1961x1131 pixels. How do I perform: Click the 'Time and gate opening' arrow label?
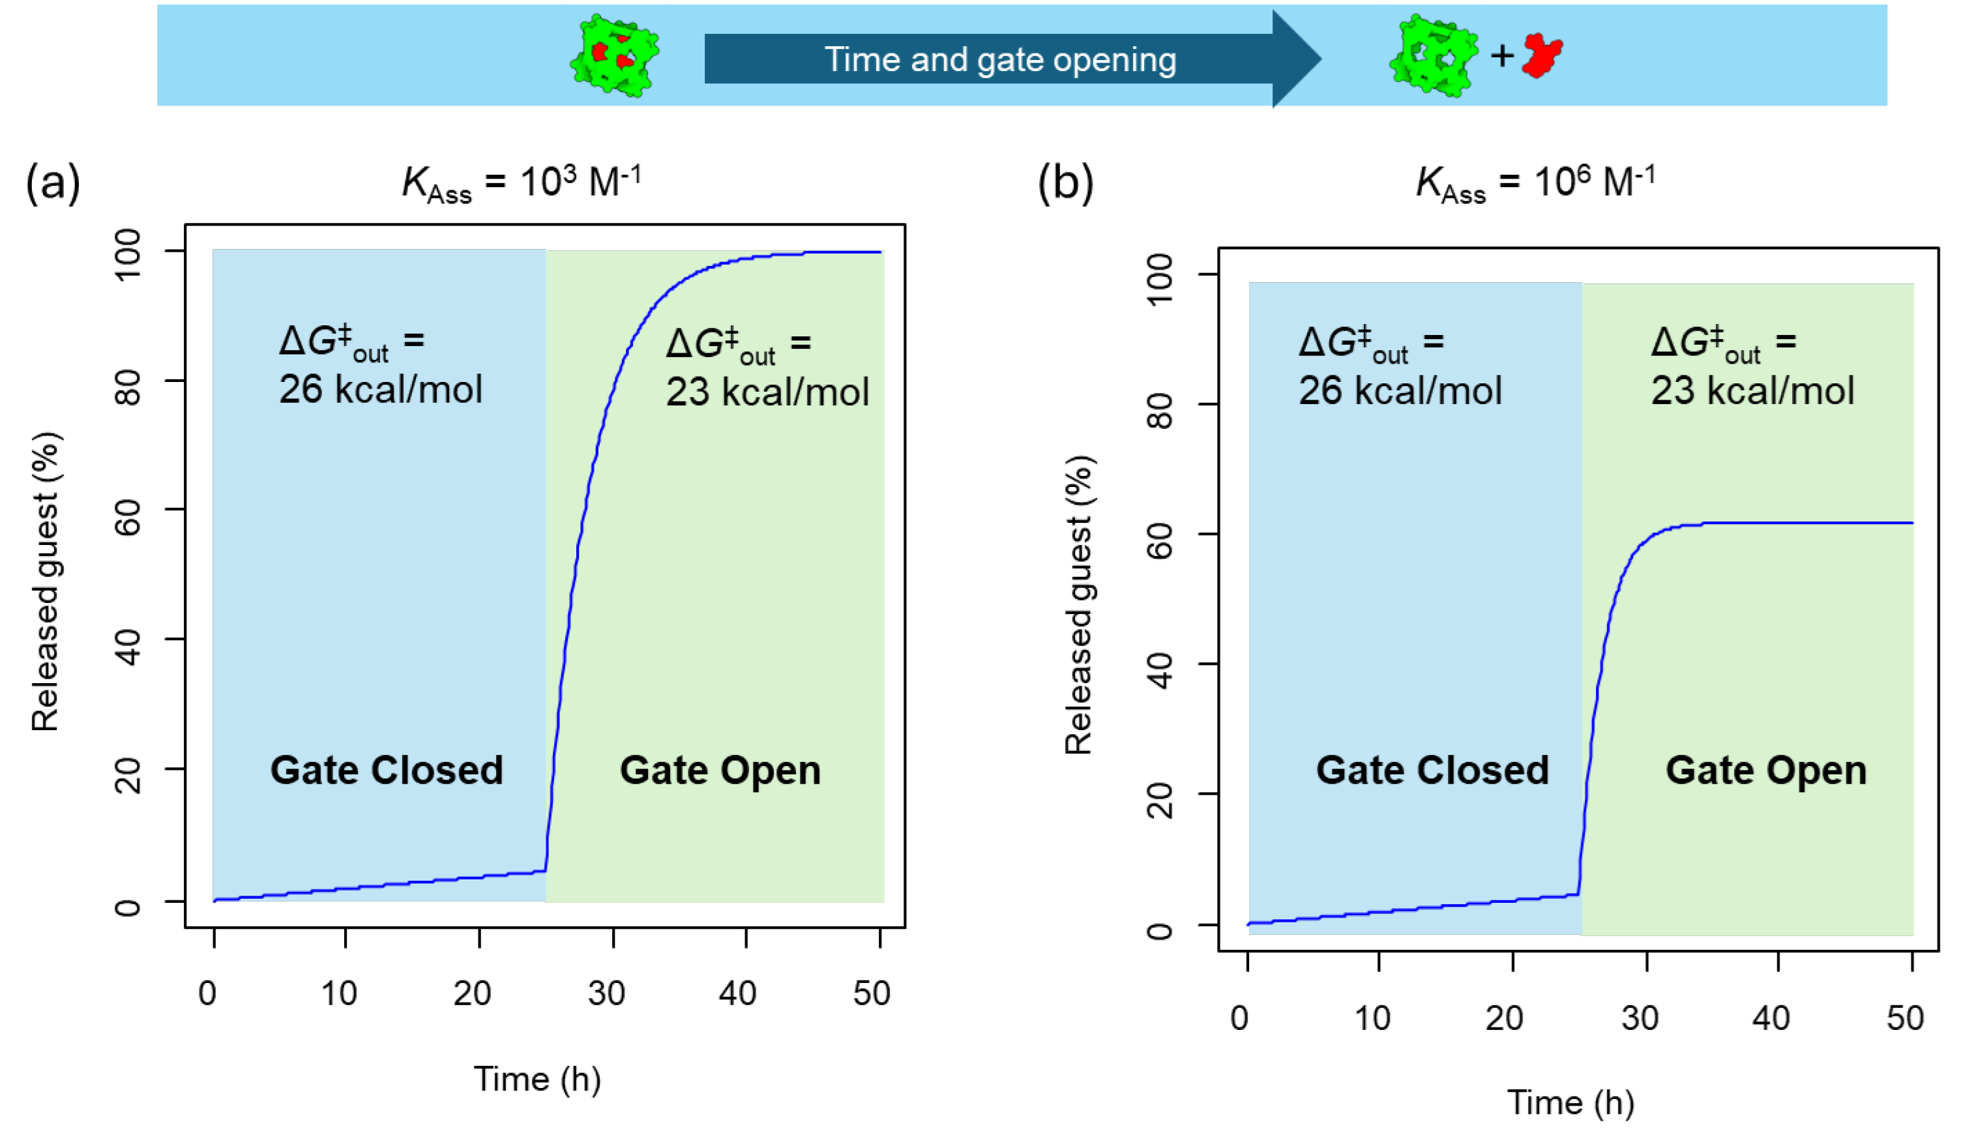(x=1000, y=60)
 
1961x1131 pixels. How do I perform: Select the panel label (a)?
(x=53, y=183)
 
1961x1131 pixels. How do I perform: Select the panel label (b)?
(x=1065, y=183)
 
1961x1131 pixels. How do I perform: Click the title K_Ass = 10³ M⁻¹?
(x=521, y=183)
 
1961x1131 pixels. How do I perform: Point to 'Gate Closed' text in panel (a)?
(x=387, y=770)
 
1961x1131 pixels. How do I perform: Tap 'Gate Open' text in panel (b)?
(x=1766, y=770)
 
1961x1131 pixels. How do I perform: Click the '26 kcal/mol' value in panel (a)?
(x=381, y=389)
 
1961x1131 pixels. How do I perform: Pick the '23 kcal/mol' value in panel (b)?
(x=1753, y=390)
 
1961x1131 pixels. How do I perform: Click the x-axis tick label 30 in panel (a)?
(x=606, y=993)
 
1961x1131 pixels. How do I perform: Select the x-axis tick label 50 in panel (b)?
(x=1905, y=1018)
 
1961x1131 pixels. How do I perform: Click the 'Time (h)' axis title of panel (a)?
(x=537, y=1079)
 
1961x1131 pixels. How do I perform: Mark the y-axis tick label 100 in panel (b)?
(x=1160, y=279)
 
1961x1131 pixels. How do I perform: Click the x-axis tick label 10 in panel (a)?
(x=340, y=993)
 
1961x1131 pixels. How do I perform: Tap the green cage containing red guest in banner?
(x=613, y=55)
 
